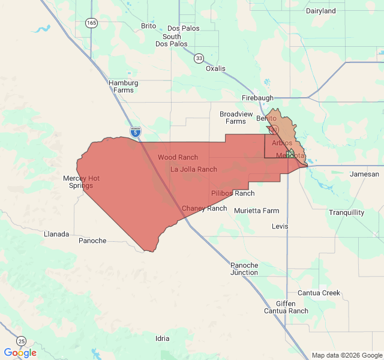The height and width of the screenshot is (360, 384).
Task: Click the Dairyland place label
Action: (x=321, y=11)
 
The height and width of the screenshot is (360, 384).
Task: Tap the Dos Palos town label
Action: (x=182, y=28)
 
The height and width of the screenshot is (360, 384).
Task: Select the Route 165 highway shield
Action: (x=91, y=23)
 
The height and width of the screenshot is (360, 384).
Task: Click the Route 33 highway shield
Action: (x=199, y=58)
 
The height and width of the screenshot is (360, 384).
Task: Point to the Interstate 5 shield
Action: (x=135, y=131)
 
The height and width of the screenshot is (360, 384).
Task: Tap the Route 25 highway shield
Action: (x=22, y=340)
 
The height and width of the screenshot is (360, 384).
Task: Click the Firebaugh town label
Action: (x=257, y=98)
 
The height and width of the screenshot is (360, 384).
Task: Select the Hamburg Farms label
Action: (x=124, y=86)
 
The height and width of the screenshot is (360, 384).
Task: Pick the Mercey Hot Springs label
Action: (x=82, y=182)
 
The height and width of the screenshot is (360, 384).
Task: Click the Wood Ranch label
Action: (x=178, y=157)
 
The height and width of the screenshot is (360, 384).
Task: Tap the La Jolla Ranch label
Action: (x=194, y=169)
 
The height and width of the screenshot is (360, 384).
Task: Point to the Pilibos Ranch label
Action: (x=233, y=193)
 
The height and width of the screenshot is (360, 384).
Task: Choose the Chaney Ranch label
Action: (x=204, y=208)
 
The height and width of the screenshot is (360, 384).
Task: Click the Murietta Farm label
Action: (x=257, y=211)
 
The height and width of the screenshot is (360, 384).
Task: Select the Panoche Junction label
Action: (x=244, y=269)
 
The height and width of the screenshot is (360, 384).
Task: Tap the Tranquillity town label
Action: (x=346, y=212)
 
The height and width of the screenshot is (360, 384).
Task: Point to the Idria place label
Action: (x=162, y=338)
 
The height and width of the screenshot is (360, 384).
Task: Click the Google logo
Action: (x=20, y=353)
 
